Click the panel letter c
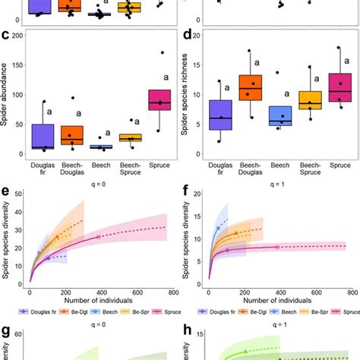click(6, 35)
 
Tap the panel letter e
click(6, 178)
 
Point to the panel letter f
click(187, 178)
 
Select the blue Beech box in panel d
click(280, 115)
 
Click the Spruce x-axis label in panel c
click(159, 163)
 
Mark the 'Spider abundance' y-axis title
click(6, 97)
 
